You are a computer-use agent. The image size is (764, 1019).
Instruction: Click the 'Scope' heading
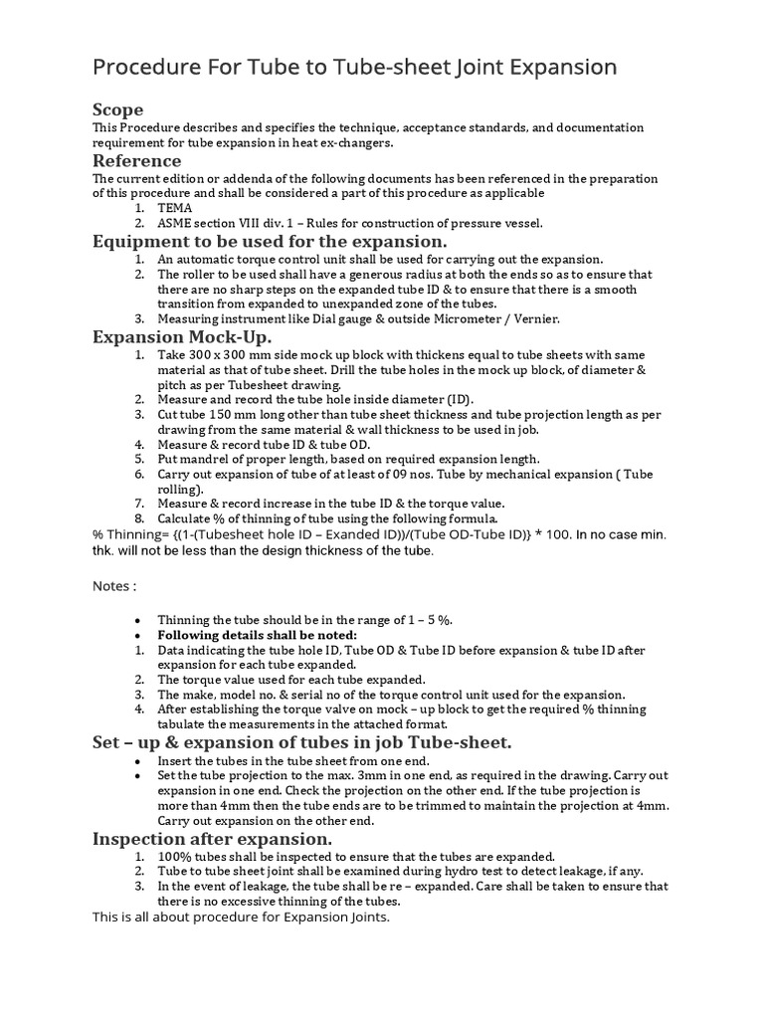(117, 109)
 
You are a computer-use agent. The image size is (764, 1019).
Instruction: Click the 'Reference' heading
(137, 160)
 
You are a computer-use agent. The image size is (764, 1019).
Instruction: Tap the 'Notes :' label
(114, 586)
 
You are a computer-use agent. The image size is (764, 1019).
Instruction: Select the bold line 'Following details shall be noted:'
(257, 635)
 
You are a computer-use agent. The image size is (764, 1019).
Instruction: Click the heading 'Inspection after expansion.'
(213, 839)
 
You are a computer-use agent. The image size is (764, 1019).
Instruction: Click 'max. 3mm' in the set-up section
(393, 775)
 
